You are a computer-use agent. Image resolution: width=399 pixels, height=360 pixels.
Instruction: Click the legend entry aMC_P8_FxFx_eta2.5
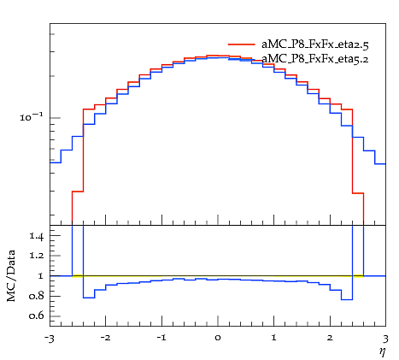315,44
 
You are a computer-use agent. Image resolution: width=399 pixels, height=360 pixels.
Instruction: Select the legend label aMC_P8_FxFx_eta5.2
315,59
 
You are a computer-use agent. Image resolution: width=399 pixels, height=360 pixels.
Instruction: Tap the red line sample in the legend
242,44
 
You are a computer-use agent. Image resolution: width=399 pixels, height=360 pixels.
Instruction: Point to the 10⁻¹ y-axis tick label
31,116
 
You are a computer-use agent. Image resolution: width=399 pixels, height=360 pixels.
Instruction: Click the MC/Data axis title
11,275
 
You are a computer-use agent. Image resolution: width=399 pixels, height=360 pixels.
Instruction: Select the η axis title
382,352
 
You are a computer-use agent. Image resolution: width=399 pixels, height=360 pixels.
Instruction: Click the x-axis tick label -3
50,339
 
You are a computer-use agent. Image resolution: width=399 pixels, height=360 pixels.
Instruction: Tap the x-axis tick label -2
105,338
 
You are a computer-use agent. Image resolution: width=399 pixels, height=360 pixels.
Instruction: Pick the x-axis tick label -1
161,338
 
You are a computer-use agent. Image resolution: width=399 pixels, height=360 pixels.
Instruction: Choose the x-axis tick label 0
218,338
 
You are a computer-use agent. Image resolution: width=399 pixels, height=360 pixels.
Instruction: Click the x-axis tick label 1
274,338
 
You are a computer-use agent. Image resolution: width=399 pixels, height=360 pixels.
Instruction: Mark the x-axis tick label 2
330,338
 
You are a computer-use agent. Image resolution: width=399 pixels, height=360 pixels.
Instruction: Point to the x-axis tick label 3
385,339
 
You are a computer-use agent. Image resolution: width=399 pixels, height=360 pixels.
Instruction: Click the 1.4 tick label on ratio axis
37,236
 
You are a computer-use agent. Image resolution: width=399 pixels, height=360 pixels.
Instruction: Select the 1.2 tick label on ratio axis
37,255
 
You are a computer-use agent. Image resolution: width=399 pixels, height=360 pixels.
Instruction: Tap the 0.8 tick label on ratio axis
36,296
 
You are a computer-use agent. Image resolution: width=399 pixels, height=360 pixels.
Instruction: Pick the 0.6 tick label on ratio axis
36,316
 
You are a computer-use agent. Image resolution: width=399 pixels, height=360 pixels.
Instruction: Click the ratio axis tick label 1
40,275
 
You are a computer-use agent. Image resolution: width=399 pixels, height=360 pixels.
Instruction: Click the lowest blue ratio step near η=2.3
347,299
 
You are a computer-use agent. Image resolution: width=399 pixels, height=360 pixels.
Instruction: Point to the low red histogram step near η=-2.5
78,192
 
